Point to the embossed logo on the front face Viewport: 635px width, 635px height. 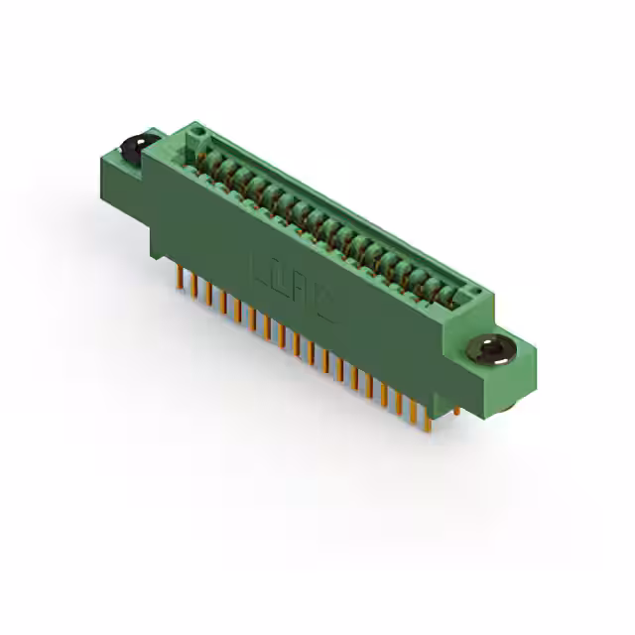pyautogui.click(x=293, y=290)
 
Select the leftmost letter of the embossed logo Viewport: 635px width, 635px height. pyautogui.click(x=260, y=270)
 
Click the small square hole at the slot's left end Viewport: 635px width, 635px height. pyautogui.click(x=199, y=131)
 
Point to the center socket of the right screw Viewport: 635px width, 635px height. pyautogui.click(x=490, y=348)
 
